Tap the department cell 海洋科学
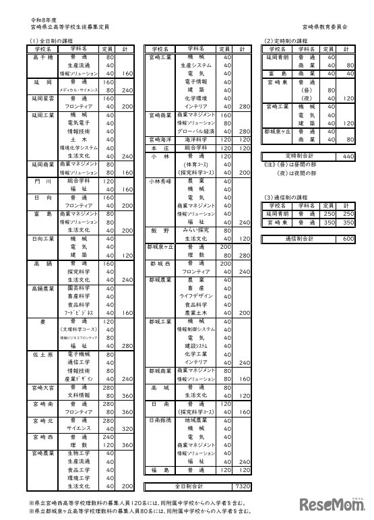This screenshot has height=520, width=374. tap(196, 139)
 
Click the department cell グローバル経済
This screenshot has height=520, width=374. tap(196, 132)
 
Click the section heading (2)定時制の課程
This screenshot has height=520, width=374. tap(286, 41)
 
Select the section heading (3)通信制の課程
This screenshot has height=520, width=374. tap(286, 196)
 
